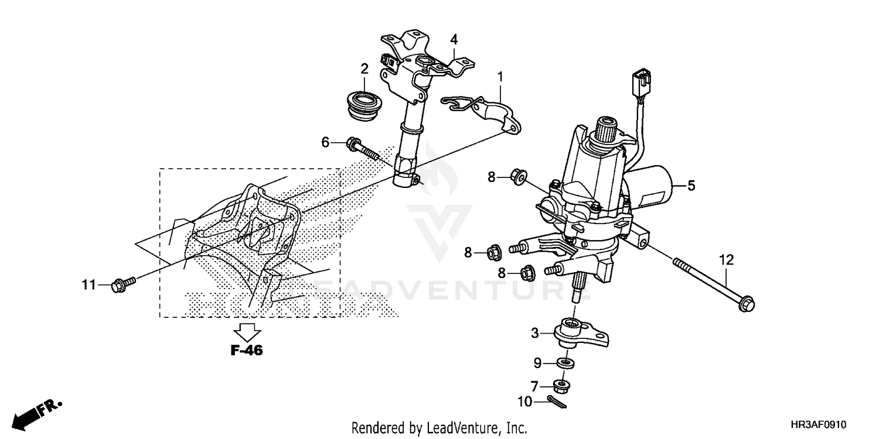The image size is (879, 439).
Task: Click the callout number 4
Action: click(x=454, y=40)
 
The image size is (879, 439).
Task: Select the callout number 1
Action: click(x=500, y=77)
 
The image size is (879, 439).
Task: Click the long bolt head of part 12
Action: click(x=747, y=303)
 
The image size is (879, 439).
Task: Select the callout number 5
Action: click(x=691, y=186)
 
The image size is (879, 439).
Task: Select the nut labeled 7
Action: click(x=564, y=386)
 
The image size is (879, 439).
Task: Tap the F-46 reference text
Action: click(x=246, y=351)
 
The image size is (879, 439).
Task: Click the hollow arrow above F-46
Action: click(x=246, y=331)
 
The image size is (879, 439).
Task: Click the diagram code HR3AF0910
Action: click(x=819, y=426)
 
